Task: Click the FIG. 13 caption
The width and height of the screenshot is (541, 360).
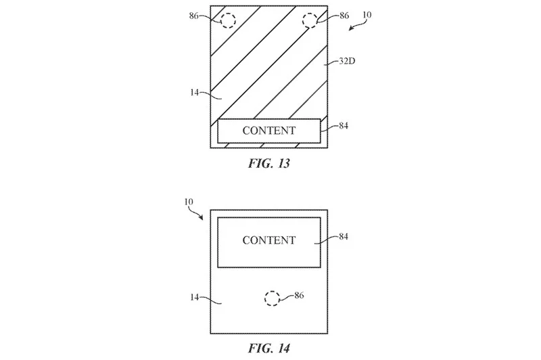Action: (x=269, y=164)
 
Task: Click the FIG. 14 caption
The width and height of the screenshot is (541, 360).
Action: (x=269, y=349)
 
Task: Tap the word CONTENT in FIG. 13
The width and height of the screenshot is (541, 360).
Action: (x=269, y=131)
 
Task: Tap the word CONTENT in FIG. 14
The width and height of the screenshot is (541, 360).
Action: (x=269, y=240)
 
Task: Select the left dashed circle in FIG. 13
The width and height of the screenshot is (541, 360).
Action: (x=228, y=21)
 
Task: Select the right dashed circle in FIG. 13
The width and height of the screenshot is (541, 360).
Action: (x=310, y=21)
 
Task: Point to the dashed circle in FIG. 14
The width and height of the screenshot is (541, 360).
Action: (x=272, y=298)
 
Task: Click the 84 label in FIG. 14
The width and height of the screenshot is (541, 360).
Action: (x=345, y=237)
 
